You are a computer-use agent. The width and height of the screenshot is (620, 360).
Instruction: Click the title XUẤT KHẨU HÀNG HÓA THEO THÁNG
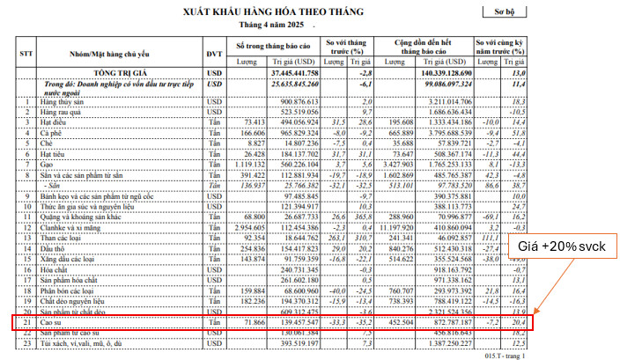pos(261,11)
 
